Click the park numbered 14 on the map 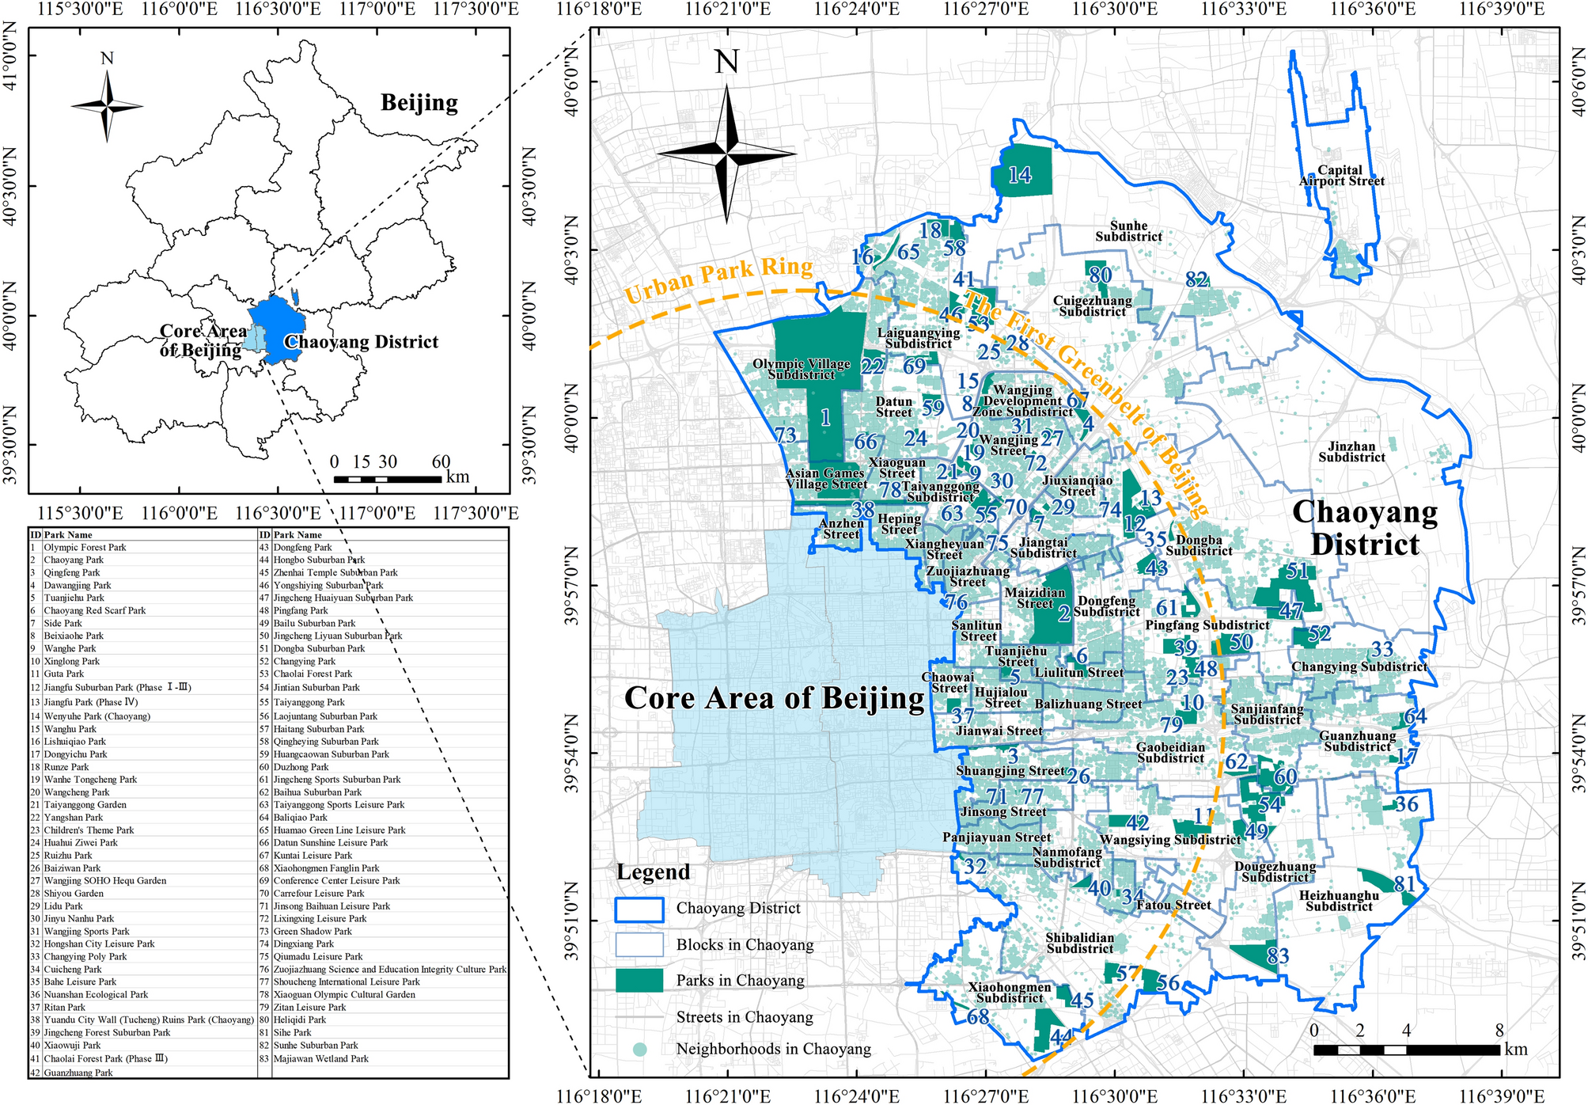[x=1021, y=174]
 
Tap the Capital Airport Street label [x=1341, y=176]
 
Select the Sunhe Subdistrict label [x=1128, y=231]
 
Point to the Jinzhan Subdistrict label [x=1351, y=452]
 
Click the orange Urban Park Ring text [x=718, y=279]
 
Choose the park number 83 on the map [x=1277, y=956]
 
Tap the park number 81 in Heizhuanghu [x=1404, y=883]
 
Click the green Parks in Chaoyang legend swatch [x=639, y=980]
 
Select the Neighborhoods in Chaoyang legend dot [x=639, y=1049]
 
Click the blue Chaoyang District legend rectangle [x=639, y=909]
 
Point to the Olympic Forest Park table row [x=85, y=547]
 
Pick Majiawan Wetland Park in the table [x=320, y=1058]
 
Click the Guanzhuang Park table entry [x=78, y=1073]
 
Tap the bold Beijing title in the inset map [x=419, y=103]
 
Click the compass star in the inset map [x=108, y=106]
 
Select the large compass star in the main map [x=726, y=151]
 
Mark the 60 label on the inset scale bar [x=441, y=462]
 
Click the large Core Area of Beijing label [x=774, y=697]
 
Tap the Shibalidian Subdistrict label [x=1079, y=943]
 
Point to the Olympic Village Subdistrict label [x=801, y=369]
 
